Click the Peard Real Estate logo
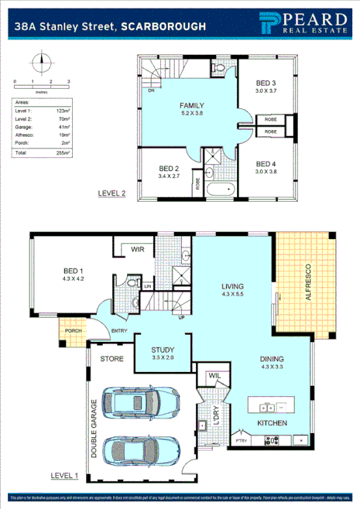(298, 25)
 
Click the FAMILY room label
(191, 105)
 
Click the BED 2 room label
(170, 168)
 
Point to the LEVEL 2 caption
(112, 193)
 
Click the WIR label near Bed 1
(139, 249)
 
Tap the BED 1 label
(74, 272)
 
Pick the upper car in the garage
(135, 402)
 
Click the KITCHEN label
(273, 423)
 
